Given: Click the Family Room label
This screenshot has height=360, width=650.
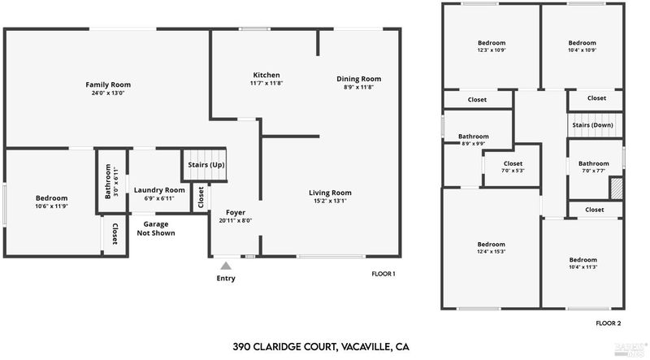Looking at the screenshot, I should [x=108, y=85].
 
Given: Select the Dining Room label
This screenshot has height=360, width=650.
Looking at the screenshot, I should [x=358, y=79].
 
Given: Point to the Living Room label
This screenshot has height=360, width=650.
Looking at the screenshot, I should [x=330, y=193].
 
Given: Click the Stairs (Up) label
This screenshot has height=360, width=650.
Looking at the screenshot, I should [x=206, y=165].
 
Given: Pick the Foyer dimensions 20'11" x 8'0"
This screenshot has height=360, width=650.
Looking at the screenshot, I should [x=236, y=220].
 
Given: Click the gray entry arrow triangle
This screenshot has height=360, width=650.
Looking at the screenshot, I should [x=226, y=264].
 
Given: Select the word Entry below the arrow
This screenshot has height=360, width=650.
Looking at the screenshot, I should [x=226, y=279].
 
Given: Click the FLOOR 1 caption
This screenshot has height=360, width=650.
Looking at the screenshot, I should [x=383, y=274].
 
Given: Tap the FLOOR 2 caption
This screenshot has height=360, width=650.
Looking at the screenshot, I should [x=608, y=323].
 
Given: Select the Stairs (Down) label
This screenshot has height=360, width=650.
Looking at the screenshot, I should [x=592, y=126].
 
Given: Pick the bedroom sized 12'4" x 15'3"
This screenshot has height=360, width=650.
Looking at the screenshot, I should [x=491, y=249].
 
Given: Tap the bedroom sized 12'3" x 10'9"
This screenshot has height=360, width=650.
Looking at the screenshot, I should [x=491, y=47].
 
